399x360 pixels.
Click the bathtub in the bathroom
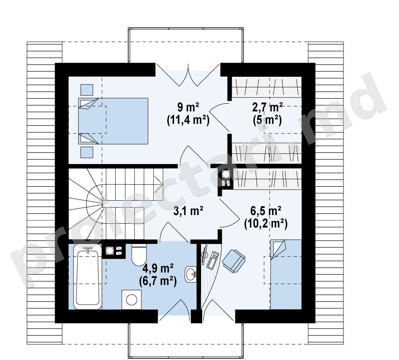tap(88, 276)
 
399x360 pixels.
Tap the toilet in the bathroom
tap(139, 254)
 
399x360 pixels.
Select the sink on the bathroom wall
tap(191, 274)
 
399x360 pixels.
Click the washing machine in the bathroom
tap(132, 300)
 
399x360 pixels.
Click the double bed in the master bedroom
tap(113, 121)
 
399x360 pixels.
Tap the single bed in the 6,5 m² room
tap(286, 274)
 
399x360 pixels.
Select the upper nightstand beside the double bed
tap(87, 90)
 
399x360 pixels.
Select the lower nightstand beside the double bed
tap(87, 152)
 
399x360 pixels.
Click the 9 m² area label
tap(188, 108)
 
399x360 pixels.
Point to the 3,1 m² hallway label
tap(188, 211)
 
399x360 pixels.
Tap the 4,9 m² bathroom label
tap(158, 268)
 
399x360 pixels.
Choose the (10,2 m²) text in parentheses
tap(266, 224)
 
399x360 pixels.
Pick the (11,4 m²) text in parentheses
tap(188, 120)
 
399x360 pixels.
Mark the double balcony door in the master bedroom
tap(188, 75)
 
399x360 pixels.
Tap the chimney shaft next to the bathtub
tap(113, 251)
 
